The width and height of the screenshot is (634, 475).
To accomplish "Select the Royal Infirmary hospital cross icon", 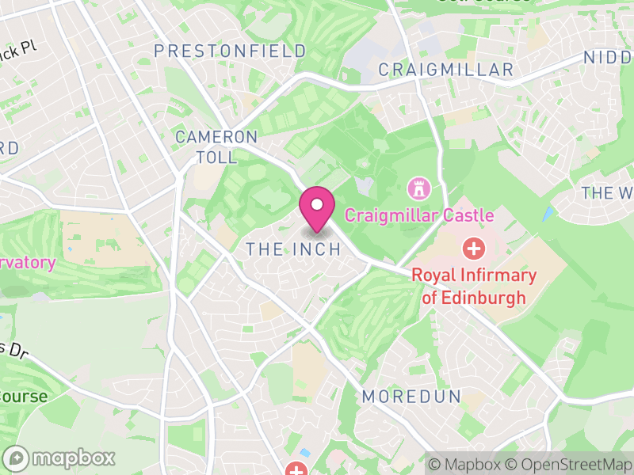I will point(474,249).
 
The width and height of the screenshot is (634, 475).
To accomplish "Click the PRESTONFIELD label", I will point(230,51).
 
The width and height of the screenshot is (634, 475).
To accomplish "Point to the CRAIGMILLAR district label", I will point(446,70).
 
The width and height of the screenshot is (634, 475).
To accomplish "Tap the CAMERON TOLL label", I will point(216,147).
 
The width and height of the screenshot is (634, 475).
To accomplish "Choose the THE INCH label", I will point(293,249).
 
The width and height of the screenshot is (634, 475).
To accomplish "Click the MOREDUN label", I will point(411,397).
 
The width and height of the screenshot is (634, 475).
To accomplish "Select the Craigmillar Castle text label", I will point(419,215).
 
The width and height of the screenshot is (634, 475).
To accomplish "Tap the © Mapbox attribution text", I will point(466,464).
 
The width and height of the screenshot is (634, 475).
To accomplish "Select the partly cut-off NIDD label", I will point(609,57).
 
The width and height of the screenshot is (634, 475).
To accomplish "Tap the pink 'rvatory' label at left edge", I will point(28,264).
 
